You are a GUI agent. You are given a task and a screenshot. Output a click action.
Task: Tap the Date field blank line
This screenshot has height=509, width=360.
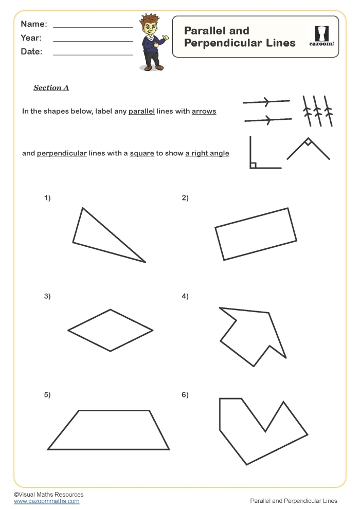coord(93,54)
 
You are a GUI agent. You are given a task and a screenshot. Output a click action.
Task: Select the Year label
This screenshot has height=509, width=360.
coord(31,38)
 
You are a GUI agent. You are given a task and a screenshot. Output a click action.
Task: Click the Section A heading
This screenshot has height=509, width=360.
coord(51,88)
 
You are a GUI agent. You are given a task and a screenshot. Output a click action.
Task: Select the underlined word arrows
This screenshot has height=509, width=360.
coord(204,111)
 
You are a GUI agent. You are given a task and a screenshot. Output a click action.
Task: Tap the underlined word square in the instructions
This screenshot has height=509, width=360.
coord(142,153)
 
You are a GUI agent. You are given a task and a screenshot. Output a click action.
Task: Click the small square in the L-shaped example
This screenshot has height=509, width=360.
coord(253,165)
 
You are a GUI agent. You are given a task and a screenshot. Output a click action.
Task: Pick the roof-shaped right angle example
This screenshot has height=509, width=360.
coord(308,148)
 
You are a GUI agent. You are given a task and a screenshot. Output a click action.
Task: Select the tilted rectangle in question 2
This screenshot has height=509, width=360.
coord(256,234)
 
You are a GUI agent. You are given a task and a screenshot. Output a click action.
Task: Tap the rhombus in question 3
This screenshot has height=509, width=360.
coord(110,330)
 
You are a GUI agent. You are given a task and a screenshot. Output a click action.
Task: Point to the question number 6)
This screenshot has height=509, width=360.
coord(185,395)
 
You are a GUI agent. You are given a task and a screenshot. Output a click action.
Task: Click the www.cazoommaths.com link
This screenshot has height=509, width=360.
coord(46,501)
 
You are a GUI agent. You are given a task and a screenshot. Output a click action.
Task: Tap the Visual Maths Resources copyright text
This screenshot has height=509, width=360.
coord(48,494)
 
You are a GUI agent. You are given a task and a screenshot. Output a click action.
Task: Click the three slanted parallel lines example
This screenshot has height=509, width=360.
coord(316,111)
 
